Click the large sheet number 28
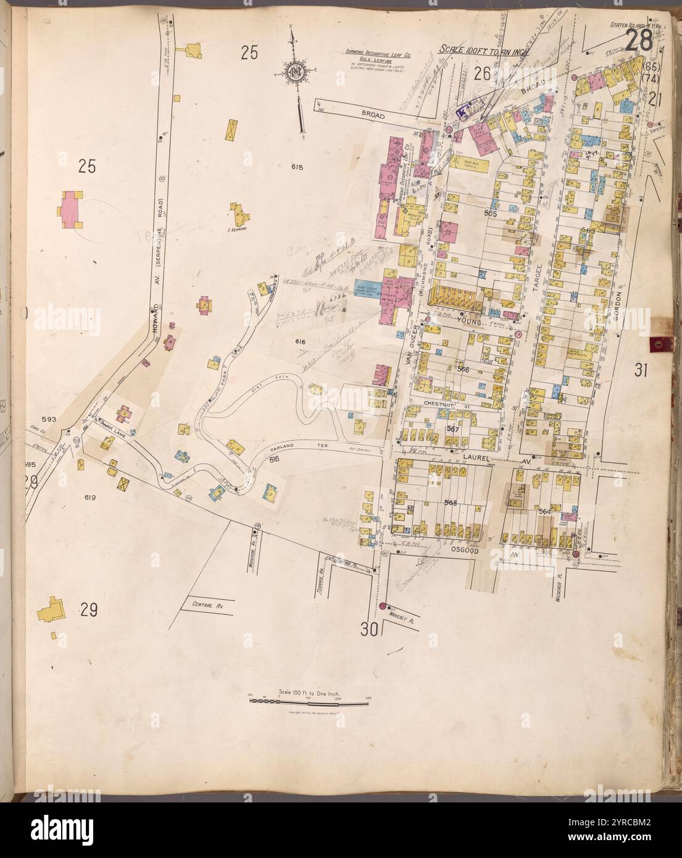[x=639, y=43]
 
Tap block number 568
[x=451, y=503]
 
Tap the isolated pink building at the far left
[x=71, y=208]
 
